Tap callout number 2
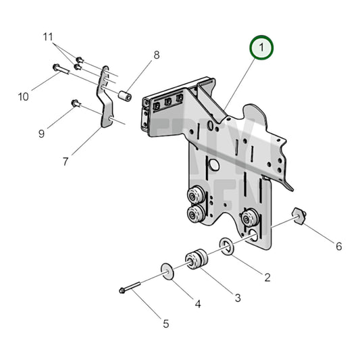267,277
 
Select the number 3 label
237,297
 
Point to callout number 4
198,304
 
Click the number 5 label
165,323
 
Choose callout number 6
338,247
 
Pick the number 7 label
66,161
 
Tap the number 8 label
156,55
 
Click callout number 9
41,133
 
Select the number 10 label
24,97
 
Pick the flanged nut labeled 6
299,216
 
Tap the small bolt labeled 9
75,103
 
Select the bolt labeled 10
58,68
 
